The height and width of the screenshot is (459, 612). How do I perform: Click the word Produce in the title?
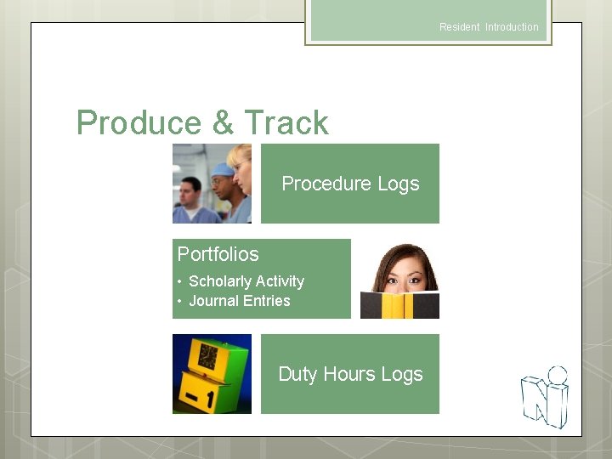(x=139, y=123)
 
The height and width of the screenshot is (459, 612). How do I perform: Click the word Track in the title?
(x=286, y=123)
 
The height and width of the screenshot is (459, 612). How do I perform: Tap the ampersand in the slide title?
(x=223, y=123)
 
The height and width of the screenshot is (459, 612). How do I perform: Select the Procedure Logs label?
(x=350, y=184)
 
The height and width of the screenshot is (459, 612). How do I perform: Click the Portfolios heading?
(x=218, y=254)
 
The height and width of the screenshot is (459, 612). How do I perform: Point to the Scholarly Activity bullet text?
(x=246, y=281)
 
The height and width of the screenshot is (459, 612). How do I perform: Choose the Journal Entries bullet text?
(x=239, y=301)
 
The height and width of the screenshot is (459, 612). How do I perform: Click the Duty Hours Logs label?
(x=350, y=374)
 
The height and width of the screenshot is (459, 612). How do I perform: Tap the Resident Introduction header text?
(x=489, y=27)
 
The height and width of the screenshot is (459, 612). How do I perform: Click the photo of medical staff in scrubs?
(x=212, y=184)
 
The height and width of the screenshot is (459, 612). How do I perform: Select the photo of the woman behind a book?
(x=399, y=279)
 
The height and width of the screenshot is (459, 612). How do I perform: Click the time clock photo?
(x=212, y=374)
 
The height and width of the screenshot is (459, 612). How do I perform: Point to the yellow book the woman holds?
(x=399, y=305)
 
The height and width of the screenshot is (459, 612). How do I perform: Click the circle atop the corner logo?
(x=558, y=375)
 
